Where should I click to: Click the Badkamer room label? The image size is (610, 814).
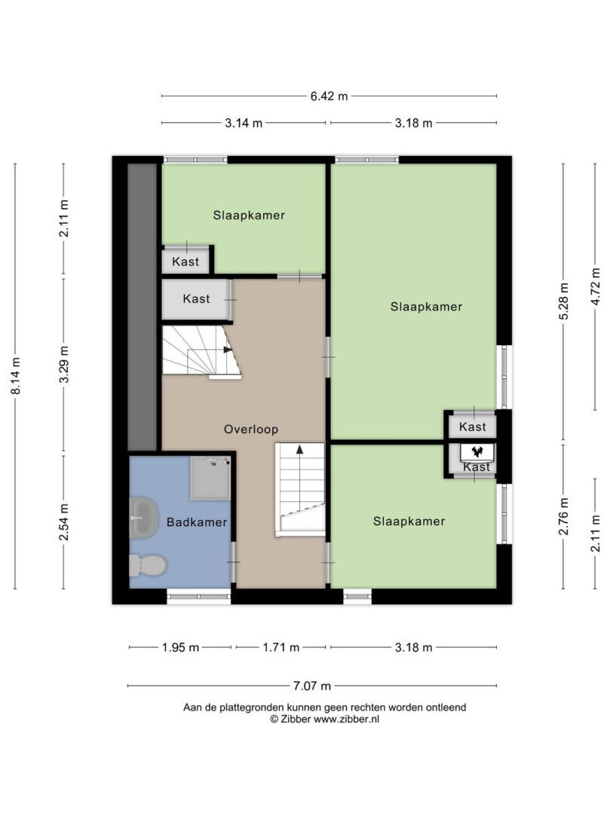pyautogui.click(x=197, y=522)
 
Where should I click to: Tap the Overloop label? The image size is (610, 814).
pyautogui.click(x=251, y=430)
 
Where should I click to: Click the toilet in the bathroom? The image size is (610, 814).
pyautogui.click(x=148, y=565)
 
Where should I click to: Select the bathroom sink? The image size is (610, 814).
pyautogui.click(x=144, y=518)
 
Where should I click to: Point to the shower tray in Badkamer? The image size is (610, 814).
pyautogui.click(x=210, y=478)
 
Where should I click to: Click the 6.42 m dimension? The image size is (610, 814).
pyautogui.click(x=330, y=96)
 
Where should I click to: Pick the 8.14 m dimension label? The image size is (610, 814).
pyautogui.click(x=16, y=376)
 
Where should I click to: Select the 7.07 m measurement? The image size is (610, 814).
pyautogui.click(x=312, y=686)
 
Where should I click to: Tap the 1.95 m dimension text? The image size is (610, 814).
pyautogui.click(x=181, y=647)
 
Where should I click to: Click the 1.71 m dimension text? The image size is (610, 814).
pyautogui.click(x=281, y=647)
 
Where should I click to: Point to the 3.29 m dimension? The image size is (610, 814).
pyautogui.click(x=64, y=365)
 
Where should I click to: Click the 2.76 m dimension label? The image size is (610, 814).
pyautogui.click(x=564, y=516)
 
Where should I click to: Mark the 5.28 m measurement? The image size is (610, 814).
pyautogui.click(x=564, y=301)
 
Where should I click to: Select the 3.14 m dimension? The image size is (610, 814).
pyautogui.click(x=244, y=123)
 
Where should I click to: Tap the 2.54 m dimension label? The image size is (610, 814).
pyautogui.click(x=64, y=522)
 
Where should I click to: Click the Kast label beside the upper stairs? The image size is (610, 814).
pyautogui.click(x=196, y=298)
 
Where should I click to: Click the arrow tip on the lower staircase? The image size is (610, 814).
pyautogui.click(x=299, y=446)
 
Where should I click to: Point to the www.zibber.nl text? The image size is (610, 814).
pyautogui.click(x=346, y=719)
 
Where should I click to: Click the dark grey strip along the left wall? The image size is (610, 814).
pyautogui.click(x=143, y=308)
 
